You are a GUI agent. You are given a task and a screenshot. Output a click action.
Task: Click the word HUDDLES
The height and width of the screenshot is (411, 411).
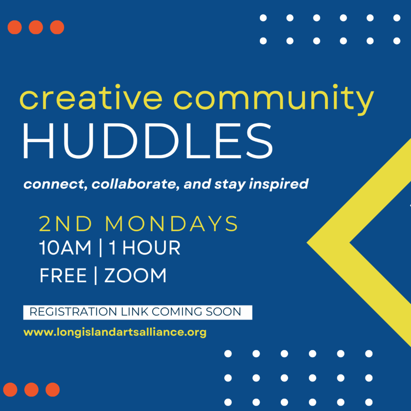(148, 141)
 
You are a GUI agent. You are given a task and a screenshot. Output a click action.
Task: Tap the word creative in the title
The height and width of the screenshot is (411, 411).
(91, 98)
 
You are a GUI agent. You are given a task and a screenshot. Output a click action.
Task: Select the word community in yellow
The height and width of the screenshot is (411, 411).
(274, 100)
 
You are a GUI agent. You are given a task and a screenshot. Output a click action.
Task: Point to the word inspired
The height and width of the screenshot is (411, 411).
(278, 184)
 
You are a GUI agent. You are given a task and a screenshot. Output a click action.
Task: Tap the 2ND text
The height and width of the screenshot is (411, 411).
(65, 224)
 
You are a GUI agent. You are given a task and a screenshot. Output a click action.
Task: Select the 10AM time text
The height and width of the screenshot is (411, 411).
(65, 248)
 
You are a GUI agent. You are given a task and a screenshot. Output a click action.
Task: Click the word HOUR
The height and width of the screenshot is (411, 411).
(151, 248)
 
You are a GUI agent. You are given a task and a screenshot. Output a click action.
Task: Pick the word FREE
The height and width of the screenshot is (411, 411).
(63, 276)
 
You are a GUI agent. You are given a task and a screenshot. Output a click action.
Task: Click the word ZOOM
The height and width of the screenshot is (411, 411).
(135, 276)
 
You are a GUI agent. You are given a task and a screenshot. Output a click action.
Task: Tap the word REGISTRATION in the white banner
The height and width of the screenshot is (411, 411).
(73, 312)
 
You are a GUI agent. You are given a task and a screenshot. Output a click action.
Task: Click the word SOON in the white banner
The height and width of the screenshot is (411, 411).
(224, 312)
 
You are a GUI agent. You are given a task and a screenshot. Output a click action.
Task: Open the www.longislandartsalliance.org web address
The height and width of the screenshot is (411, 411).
(115, 333)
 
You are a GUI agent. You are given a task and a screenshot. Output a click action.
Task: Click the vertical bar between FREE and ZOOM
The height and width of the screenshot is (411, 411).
(96, 276)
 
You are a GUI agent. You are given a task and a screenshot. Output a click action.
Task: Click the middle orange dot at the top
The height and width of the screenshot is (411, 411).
(36, 27)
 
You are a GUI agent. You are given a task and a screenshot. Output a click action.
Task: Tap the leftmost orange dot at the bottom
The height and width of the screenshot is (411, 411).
(10, 390)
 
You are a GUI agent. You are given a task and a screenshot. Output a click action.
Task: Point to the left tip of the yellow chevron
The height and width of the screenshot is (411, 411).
(307, 242)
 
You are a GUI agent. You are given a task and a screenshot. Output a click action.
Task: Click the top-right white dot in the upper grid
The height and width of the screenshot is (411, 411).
(397, 18)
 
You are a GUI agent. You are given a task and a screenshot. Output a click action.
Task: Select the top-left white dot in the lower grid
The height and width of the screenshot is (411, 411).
(228, 353)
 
